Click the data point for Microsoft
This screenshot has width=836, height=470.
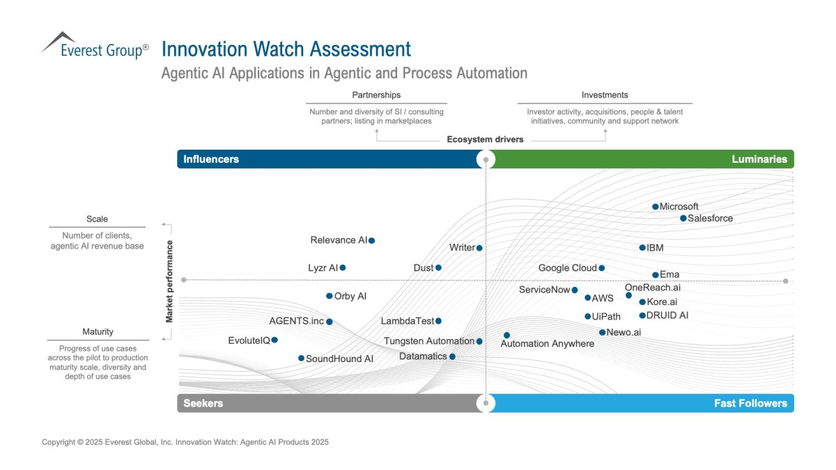(x=656, y=207)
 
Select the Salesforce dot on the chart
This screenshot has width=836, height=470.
(x=683, y=219)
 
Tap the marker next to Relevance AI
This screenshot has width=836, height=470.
(x=372, y=241)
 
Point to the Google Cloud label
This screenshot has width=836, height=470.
(x=567, y=268)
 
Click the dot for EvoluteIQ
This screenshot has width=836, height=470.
(x=274, y=340)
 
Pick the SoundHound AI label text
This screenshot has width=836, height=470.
(x=340, y=359)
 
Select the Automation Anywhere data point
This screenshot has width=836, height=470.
(x=506, y=336)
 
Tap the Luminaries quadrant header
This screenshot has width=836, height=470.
(x=759, y=159)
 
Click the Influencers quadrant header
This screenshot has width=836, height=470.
(x=211, y=159)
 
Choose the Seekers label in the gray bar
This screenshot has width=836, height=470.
(x=203, y=403)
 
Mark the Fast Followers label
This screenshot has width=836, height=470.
(x=750, y=403)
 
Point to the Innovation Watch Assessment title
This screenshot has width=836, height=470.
(x=286, y=49)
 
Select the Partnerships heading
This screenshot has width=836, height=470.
(x=376, y=95)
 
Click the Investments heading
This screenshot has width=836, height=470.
(x=605, y=95)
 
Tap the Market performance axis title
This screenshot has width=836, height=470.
(x=169, y=281)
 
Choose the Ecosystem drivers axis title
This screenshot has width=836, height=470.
(x=485, y=139)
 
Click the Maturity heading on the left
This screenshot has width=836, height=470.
(x=98, y=332)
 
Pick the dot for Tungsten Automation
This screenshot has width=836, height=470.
(x=479, y=341)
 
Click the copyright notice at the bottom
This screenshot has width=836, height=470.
(x=185, y=442)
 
